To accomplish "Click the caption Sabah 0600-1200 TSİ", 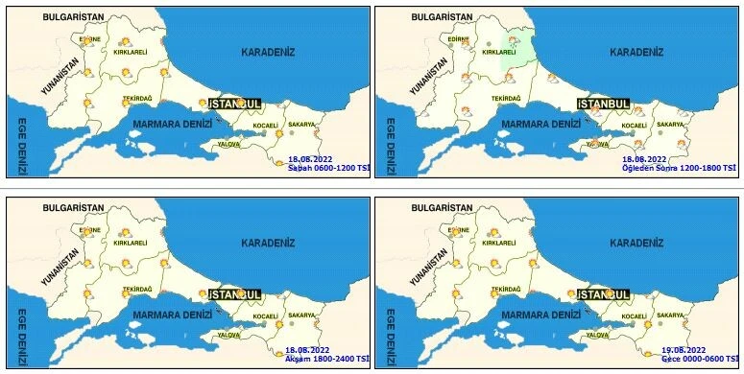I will click(x=328, y=168).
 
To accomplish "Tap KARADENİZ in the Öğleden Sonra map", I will click(x=637, y=52).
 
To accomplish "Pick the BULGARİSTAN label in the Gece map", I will click(x=441, y=207).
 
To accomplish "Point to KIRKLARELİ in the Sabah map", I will click(x=130, y=53).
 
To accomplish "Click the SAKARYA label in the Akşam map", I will click(x=300, y=316).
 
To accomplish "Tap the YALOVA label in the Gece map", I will click(x=598, y=335).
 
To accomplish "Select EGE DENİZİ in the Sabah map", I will click(x=21, y=147).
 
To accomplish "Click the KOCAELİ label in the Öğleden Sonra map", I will click(x=635, y=126).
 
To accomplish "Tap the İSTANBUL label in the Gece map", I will click(x=603, y=293).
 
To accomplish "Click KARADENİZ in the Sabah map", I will click(x=269, y=52).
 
